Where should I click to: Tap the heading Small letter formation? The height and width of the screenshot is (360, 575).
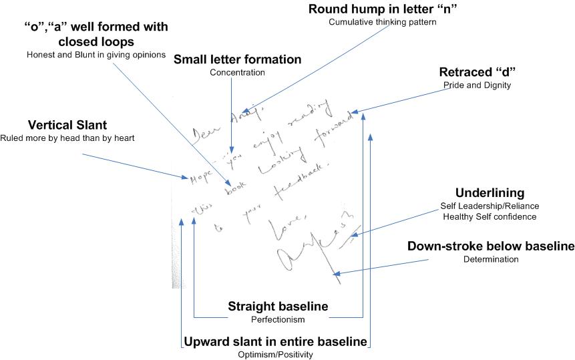pyautogui.click(x=237, y=59)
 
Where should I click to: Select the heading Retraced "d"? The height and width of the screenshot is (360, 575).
pyautogui.click(x=475, y=72)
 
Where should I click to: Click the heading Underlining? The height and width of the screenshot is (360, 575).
pyautogui.click(x=490, y=192)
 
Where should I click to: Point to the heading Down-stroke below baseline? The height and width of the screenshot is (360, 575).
pyautogui.click(x=491, y=246)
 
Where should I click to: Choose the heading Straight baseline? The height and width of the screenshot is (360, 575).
pyautogui.click(x=278, y=307)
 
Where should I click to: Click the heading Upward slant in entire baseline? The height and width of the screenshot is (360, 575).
pyautogui.click(x=275, y=342)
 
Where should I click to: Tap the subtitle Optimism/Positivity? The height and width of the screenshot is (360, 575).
pyautogui.click(x=275, y=355)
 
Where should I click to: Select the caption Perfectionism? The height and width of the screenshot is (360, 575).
pyautogui.click(x=278, y=320)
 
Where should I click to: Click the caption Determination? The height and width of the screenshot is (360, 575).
pyautogui.click(x=491, y=259)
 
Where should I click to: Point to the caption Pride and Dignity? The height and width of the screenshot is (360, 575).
pyautogui.click(x=475, y=85)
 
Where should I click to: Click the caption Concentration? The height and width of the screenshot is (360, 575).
pyautogui.click(x=237, y=72)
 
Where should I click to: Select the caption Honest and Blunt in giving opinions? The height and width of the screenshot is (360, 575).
pyautogui.click(x=95, y=54)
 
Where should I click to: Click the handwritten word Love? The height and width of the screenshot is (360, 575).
pyautogui.click(x=280, y=228)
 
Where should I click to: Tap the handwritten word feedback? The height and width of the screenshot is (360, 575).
pyautogui.click(x=300, y=180)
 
